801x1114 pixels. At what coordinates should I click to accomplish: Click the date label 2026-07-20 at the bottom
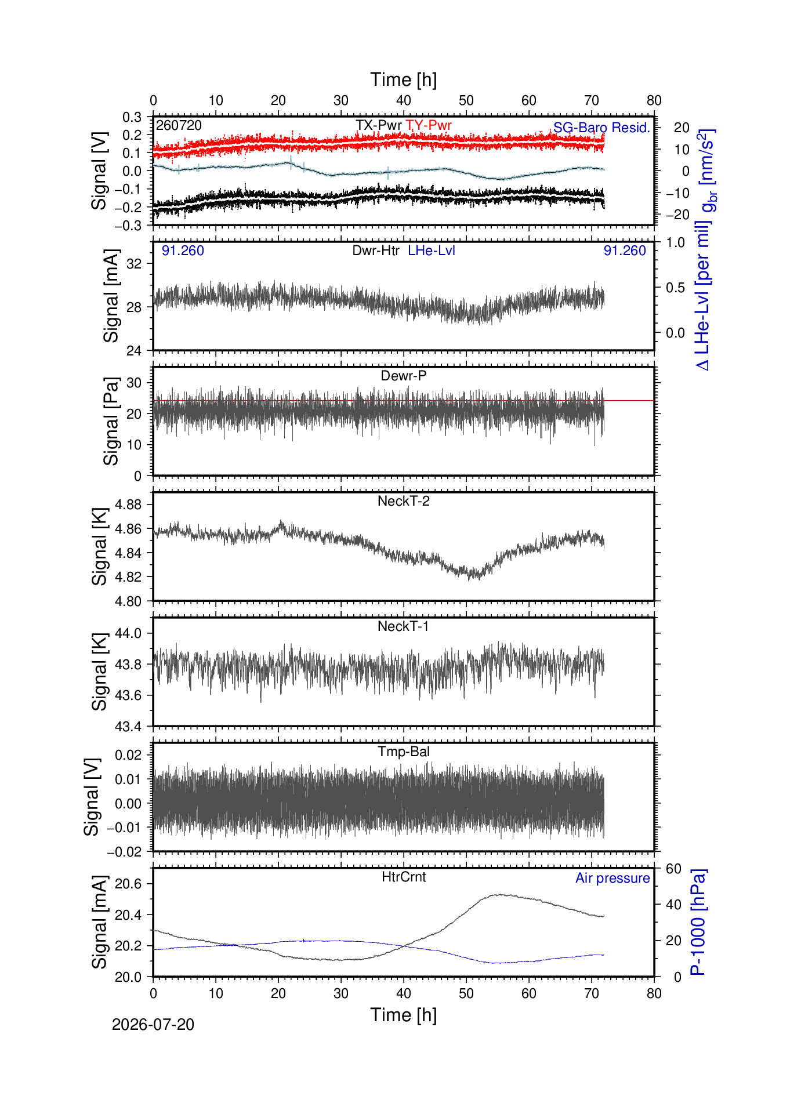click(x=153, y=1025)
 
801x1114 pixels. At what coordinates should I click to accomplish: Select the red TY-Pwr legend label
click(x=429, y=125)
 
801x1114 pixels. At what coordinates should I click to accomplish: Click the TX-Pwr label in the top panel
click(x=379, y=125)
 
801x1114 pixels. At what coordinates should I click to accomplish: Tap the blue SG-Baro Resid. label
click(x=601, y=128)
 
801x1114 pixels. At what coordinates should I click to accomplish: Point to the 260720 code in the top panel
click(x=179, y=125)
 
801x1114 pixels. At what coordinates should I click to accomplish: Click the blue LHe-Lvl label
click(x=432, y=251)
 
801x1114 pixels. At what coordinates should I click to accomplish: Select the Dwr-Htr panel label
click(x=376, y=251)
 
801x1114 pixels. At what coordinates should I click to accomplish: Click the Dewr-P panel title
click(x=404, y=376)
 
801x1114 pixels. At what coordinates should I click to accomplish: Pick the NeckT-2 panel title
click(x=404, y=501)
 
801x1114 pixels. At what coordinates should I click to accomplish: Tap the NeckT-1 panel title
click(x=404, y=626)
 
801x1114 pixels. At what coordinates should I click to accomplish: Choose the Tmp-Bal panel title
click(x=404, y=752)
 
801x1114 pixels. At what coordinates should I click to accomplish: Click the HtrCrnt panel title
click(x=404, y=877)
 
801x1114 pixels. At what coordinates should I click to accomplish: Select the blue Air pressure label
click(x=612, y=878)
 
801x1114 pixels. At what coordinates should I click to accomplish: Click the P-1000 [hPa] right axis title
click(x=698, y=922)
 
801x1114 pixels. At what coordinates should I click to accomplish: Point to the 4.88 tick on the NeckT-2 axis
click(x=128, y=505)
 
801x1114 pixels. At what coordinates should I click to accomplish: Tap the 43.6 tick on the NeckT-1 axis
click(x=128, y=695)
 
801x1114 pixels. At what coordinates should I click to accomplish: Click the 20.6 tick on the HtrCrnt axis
click(x=128, y=884)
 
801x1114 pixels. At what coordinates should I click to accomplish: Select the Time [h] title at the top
click(x=404, y=79)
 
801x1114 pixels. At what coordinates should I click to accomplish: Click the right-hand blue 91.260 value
click(x=625, y=251)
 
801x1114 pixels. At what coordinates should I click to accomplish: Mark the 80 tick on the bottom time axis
click(x=654, y=993)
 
